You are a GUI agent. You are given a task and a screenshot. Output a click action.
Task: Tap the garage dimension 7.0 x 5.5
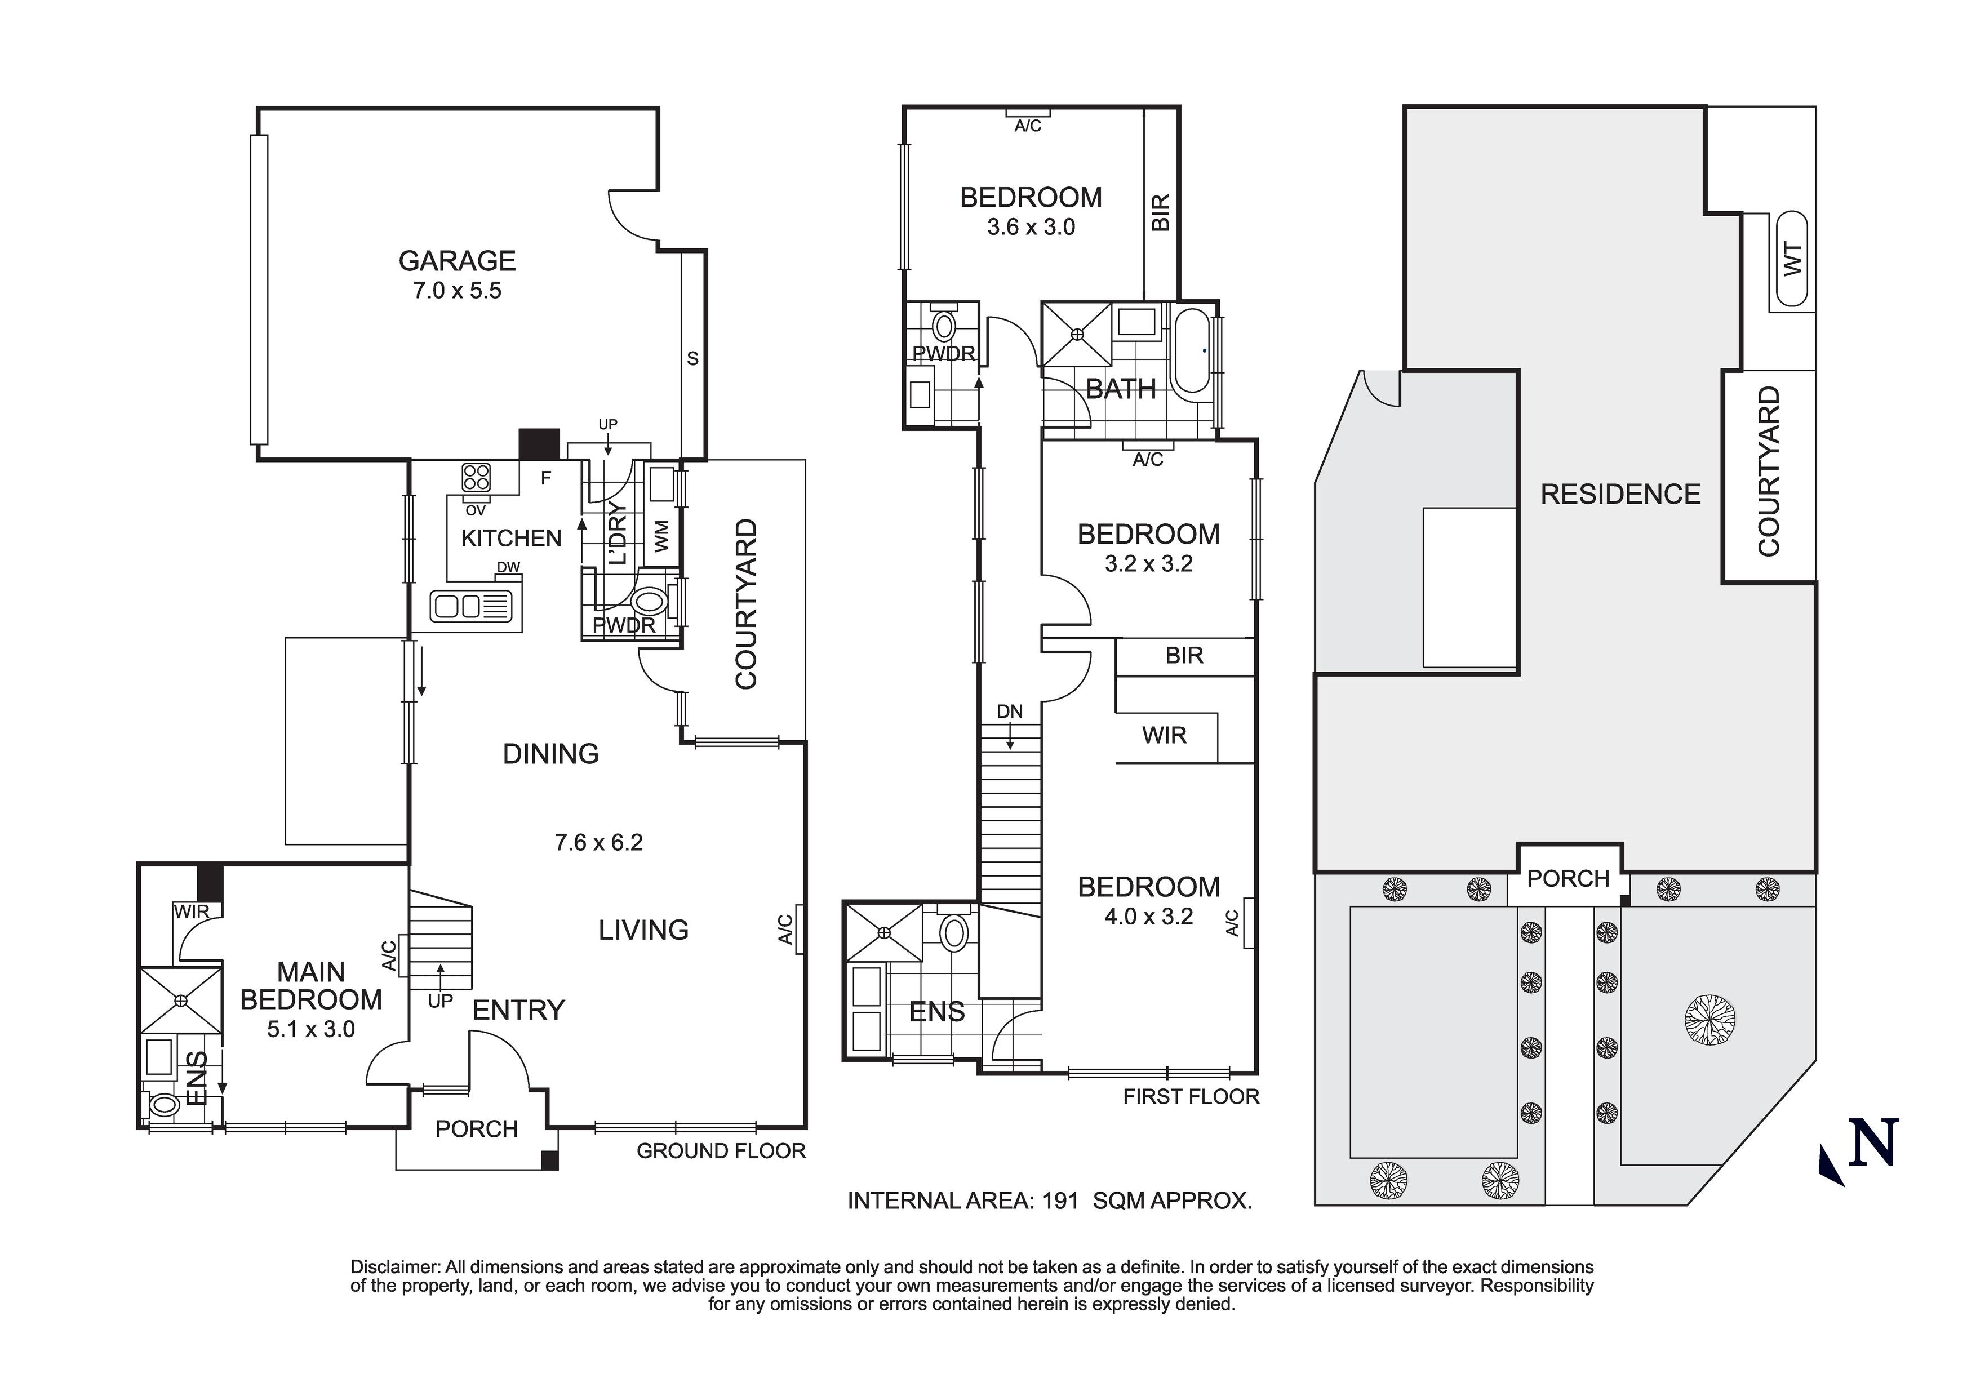coord(457,291)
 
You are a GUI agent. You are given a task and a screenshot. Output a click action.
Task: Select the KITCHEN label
coord(511,539)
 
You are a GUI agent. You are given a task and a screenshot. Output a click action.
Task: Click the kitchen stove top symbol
coord(476,477)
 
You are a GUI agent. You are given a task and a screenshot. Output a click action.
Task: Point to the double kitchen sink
coord(475,607)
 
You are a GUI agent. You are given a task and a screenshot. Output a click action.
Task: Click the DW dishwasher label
coord(509,568)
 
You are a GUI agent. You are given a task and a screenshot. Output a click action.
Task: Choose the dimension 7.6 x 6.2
coord(599,843)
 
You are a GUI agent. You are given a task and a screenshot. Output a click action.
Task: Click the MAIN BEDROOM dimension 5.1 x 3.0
coord(310,1029)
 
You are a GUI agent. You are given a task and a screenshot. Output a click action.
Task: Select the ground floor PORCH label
coord(477,1129)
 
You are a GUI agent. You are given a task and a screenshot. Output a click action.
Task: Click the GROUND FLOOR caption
coord(721,1152)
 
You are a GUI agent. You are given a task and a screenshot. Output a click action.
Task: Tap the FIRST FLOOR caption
coord(1191,1096)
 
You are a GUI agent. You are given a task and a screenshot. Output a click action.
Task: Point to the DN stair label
coord(1010,712)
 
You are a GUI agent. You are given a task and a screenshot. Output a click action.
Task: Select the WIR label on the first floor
coord(1165,736)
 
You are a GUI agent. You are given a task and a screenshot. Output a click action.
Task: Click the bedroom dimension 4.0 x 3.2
coord(1149,917)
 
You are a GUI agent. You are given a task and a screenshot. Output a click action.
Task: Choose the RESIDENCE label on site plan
coord(1620,495)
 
